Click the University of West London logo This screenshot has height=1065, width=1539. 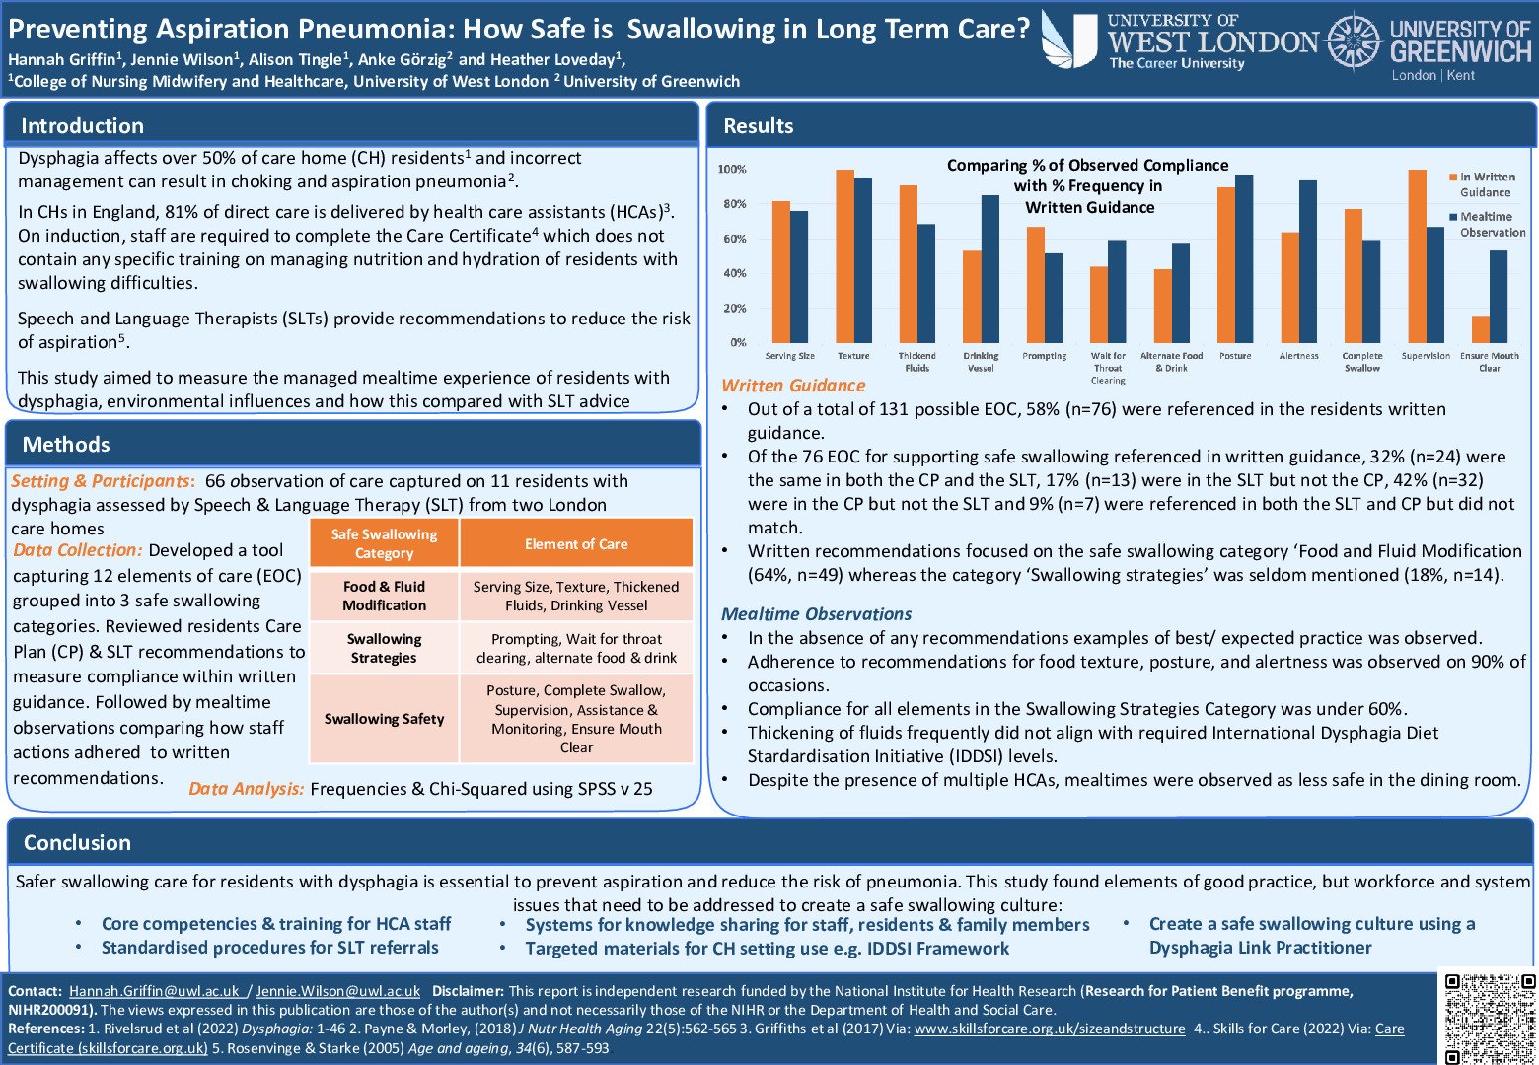coord(1179,41)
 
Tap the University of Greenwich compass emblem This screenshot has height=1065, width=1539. coord(1353,42)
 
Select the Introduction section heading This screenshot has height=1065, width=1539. coord(82,125)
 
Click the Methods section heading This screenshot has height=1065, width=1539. coord(66,444)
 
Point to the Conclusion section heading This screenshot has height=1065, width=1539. coord(77,842)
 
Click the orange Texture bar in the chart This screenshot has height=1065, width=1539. coord(844,256)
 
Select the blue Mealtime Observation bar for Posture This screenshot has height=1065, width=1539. coord(1244,258)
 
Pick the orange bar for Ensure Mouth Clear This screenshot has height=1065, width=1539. coord(1480,329)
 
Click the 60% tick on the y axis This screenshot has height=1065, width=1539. coord(733,239)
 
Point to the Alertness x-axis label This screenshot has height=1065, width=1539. coord(1298,356)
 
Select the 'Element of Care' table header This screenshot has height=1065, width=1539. coord(576,543)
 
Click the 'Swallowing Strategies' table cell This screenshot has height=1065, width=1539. coord(384,648)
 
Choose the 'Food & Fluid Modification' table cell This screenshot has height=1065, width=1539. coord(384,596)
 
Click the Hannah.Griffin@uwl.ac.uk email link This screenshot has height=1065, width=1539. coord(154,991)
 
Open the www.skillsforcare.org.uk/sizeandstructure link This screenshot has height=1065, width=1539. coord(1050,1029)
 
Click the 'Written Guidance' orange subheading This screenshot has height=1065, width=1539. coord(793,386)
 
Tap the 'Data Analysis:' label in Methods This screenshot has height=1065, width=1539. coord(246,789)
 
